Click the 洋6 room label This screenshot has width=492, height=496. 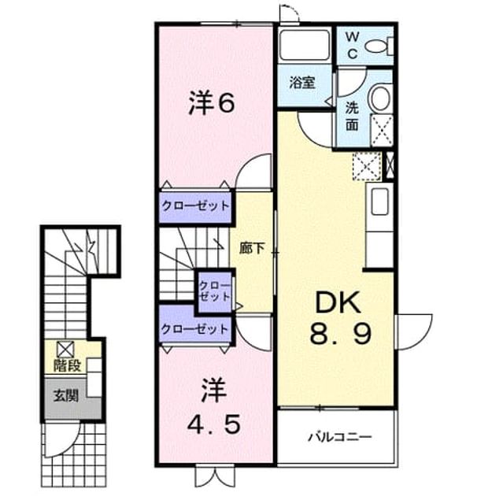(x=212, y=103)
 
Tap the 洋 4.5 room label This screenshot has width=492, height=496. (x=214, y=406)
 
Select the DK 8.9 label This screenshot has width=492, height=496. (x=340, y=317)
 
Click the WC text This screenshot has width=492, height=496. (x=352, y=46)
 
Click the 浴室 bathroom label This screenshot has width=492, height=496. (x=302, y=83)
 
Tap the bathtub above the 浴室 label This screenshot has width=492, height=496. (x=305, y=45)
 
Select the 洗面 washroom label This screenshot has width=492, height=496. (x=352, y=116)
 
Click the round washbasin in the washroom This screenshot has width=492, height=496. (x=380, y=98)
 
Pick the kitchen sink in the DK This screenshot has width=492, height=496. (x=379, y=202)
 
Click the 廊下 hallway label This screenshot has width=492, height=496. (x=252, y=248)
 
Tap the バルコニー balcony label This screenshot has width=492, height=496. (x=339, y=437)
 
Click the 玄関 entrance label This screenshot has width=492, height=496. (x=65, y=395)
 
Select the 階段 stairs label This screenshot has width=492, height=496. (x=67, y=365)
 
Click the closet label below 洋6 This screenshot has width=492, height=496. (x=195, y=206)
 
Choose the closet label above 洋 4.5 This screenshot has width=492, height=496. (x=194, y=329)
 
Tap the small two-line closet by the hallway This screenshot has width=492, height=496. (x=214, y=291)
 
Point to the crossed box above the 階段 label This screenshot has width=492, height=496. (x=65, y=350)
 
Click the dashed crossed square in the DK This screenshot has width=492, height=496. (x=367, y=166)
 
